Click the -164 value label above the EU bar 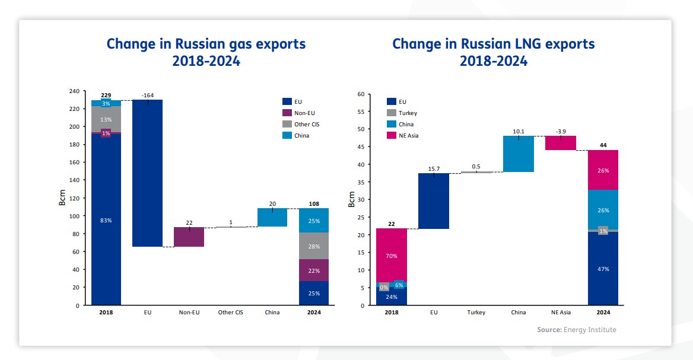[147, 95]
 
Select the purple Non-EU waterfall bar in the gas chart [189, 237]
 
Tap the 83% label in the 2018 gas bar [106, 221]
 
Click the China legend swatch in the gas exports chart [287, 135]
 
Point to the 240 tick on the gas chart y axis [74, 91]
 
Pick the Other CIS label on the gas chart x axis [230, 313]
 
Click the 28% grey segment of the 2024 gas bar [313, 246]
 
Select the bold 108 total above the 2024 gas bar [313, 203]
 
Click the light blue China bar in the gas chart [272, 217]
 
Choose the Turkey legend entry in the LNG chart [408, 113]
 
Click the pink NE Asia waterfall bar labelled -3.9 [561, 143]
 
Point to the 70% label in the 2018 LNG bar [391, 256]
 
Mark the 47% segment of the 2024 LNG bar [603, 269]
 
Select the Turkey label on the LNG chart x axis [476, 313]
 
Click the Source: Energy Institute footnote [577, 330]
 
